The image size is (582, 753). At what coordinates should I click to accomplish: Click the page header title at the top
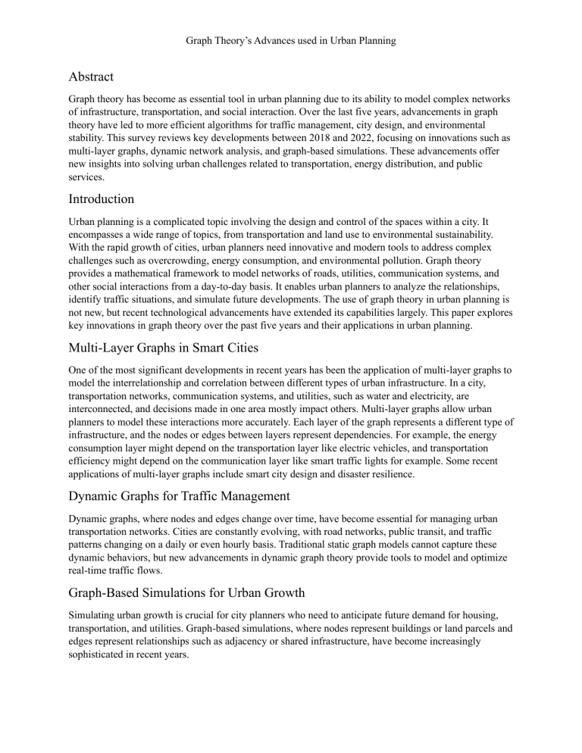coord(291,39)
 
